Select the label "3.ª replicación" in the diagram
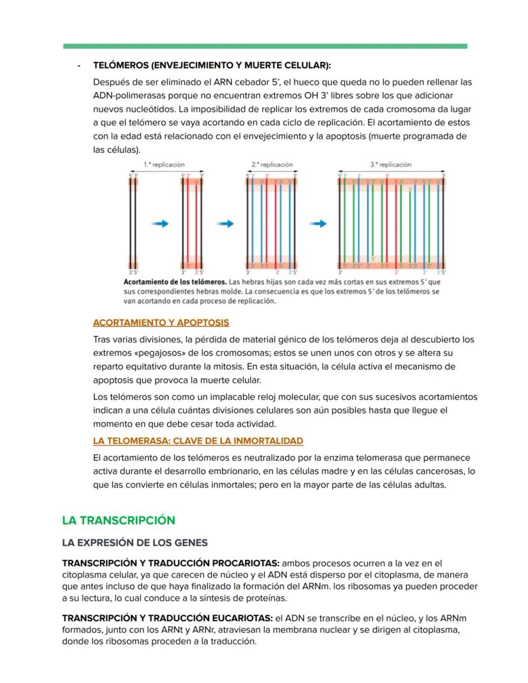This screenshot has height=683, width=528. click(391, 165)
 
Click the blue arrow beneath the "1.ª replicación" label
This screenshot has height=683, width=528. click(160, 224)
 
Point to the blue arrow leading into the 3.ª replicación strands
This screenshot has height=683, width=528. click(318, 224)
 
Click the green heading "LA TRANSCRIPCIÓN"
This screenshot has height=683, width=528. click(118, 520)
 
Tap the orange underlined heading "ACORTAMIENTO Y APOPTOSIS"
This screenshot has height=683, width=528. click(161, 323)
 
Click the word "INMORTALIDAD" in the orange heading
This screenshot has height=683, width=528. click(270, 441)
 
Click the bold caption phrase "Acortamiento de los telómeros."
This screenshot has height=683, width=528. click(175, 281)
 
